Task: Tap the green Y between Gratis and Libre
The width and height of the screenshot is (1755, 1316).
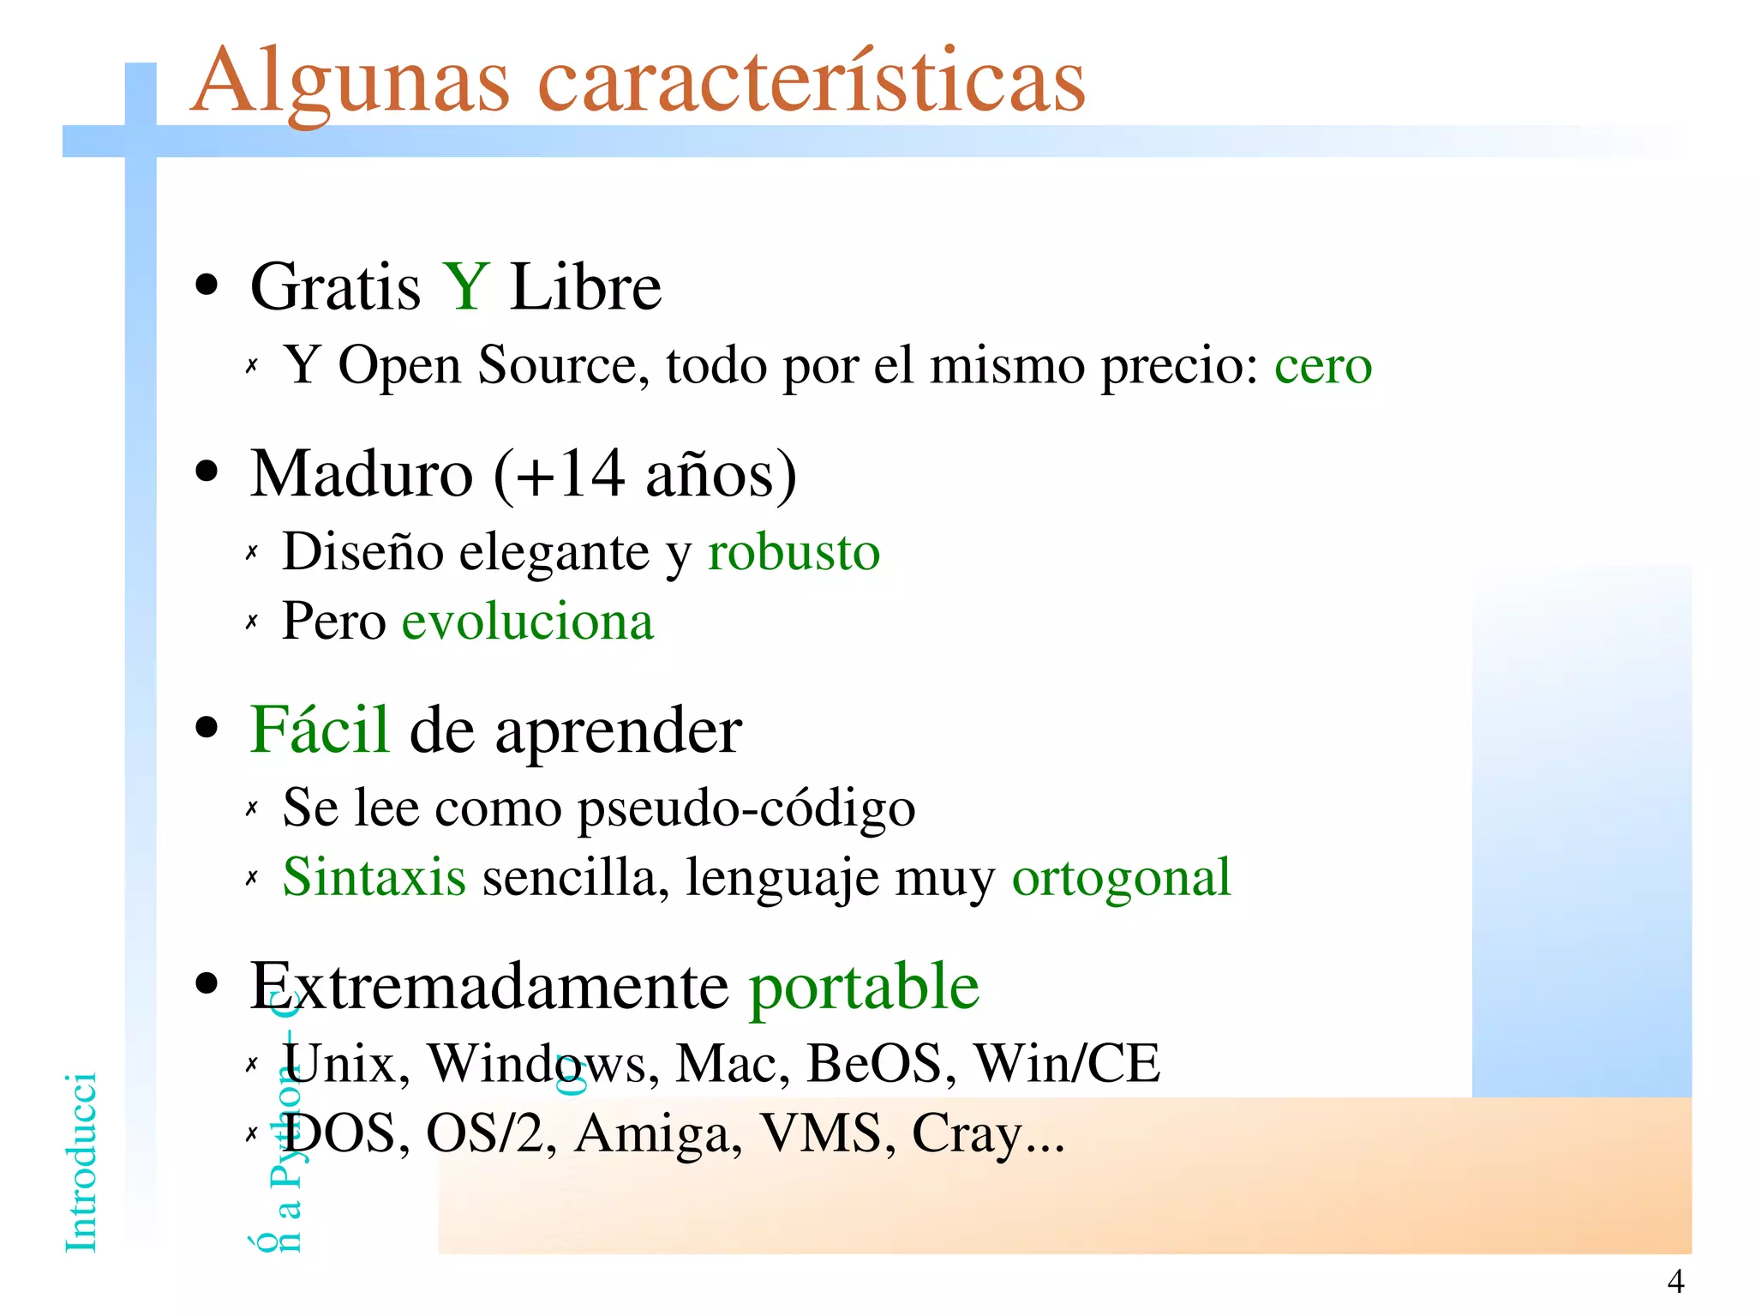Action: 465,286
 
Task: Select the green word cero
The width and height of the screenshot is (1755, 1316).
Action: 1322,366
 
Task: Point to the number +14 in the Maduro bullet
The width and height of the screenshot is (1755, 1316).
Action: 570,473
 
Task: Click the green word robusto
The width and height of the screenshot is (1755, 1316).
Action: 794,551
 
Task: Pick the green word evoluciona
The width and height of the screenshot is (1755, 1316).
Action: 527,622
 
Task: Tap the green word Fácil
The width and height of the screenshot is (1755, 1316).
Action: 320,730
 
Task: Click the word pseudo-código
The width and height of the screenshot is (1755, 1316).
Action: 746,808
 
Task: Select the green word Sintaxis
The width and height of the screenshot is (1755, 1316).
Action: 374,877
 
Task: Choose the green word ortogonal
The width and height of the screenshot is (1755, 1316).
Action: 1121,877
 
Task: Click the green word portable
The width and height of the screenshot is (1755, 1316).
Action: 864,987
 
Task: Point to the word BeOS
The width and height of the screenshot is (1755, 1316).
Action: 880,1064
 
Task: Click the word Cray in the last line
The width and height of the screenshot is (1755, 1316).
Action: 967,1133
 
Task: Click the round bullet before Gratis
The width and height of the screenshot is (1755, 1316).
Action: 207,286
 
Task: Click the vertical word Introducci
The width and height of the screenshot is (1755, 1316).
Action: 81,1162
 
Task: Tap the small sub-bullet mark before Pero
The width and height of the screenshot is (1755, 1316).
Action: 251,622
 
